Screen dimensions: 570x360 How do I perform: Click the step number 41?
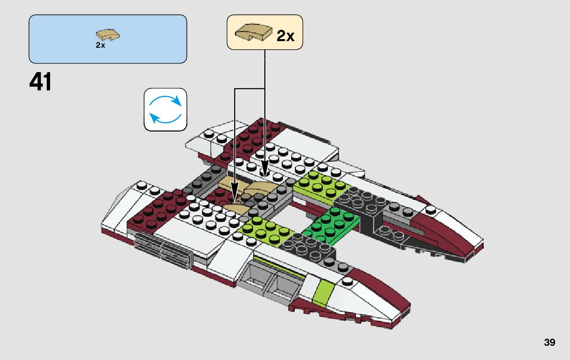(x=41, y=82)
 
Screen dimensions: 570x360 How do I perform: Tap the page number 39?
(x=549, y=343)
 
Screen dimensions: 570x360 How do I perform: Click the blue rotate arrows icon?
(x=165, y=110)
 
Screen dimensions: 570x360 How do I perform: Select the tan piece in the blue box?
(x=108, y=36)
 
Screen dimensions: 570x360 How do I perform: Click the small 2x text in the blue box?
(x=100, y=45)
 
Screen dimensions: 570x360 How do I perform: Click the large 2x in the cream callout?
(x=285, y=36)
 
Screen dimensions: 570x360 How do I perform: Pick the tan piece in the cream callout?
(x=253, y=33)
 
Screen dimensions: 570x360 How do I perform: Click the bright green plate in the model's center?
(x=330, y=225)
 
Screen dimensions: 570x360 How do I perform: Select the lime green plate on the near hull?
(x=265, y=231)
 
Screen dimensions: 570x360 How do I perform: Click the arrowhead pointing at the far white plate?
(x=265, y=169)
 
